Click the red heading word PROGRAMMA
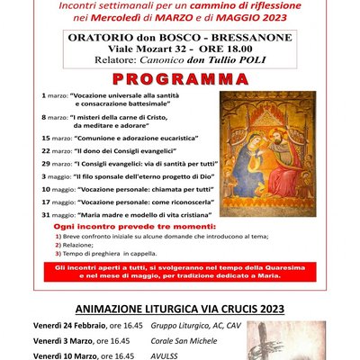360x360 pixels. (x=179, y=78)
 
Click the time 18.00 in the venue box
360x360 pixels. (x=236, y=51)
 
